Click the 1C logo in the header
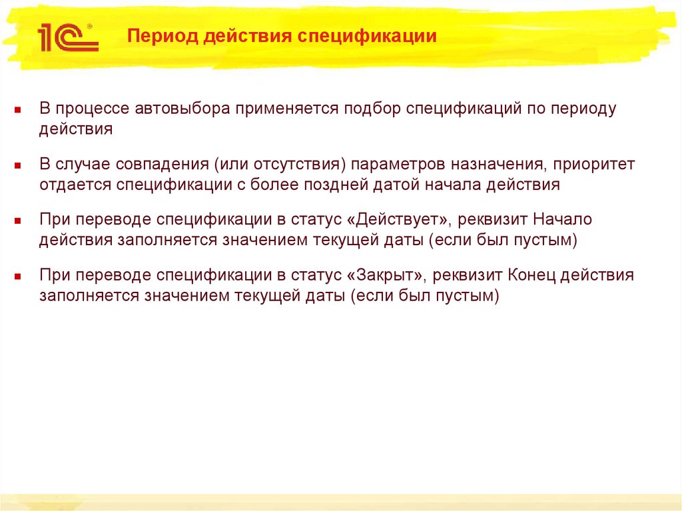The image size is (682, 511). (68, 37)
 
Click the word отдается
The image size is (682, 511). (75, 185)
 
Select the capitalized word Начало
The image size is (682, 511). (563, 219)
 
